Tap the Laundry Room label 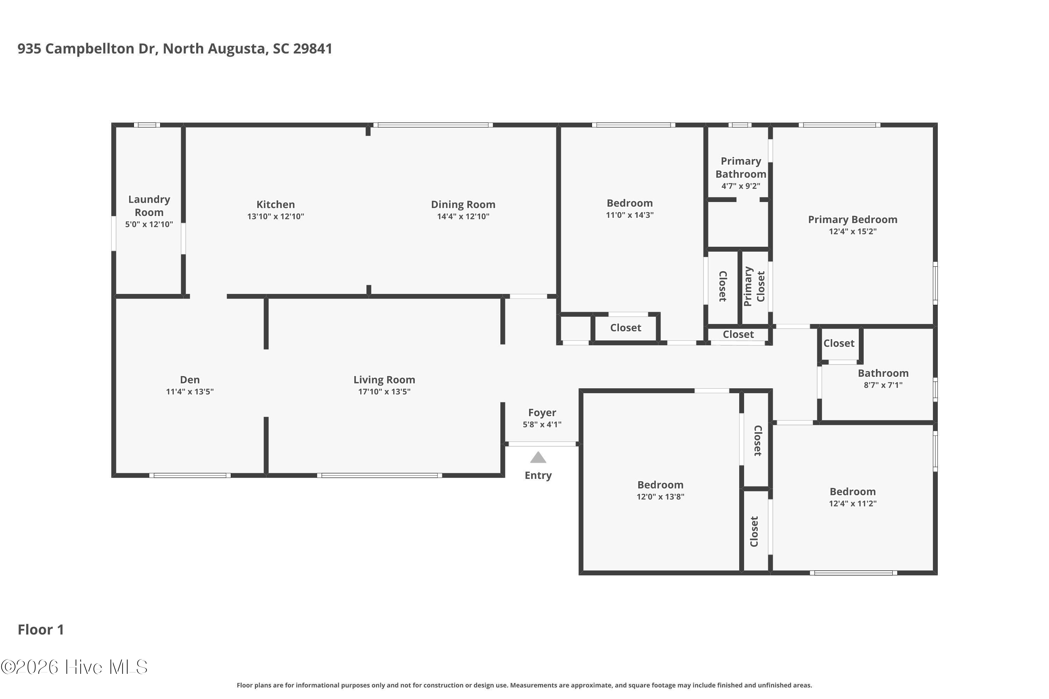pos(149,206)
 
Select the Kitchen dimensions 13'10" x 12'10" pos(276,216)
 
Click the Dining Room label pos(463,204)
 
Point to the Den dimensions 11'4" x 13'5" pos(190,391)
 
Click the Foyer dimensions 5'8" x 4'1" pos(542,424)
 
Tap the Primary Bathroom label pos(741,167)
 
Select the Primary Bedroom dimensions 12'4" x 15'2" pos(852,231)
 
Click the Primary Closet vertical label pos(754,286)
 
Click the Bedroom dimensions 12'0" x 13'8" pos(660,497)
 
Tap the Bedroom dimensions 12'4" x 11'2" pos(852,503)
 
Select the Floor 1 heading pos(41,629)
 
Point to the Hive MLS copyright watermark pos(74,667)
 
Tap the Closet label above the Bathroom pos(839,343)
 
